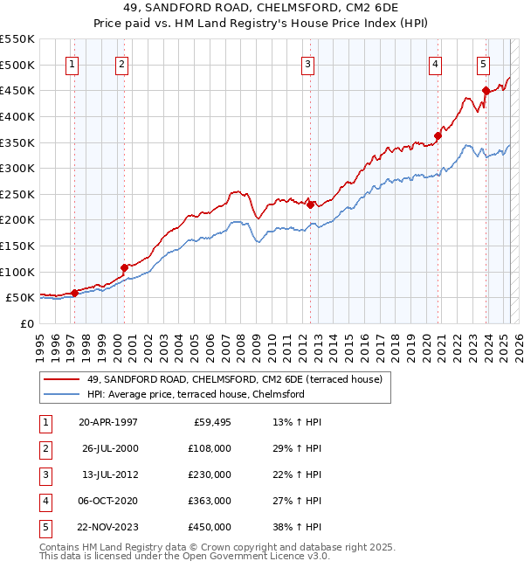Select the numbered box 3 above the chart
click(x=308, y=63)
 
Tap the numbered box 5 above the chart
click(x=483, y=63)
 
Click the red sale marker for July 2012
click(x=310, y=204)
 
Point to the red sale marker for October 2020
click(x=438, y=135)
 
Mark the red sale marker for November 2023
click(x=486, y=91)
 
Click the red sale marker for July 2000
click(x=124, y=267)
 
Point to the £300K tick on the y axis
click(x=17, y=168)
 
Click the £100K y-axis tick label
click(x=17, y=272)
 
